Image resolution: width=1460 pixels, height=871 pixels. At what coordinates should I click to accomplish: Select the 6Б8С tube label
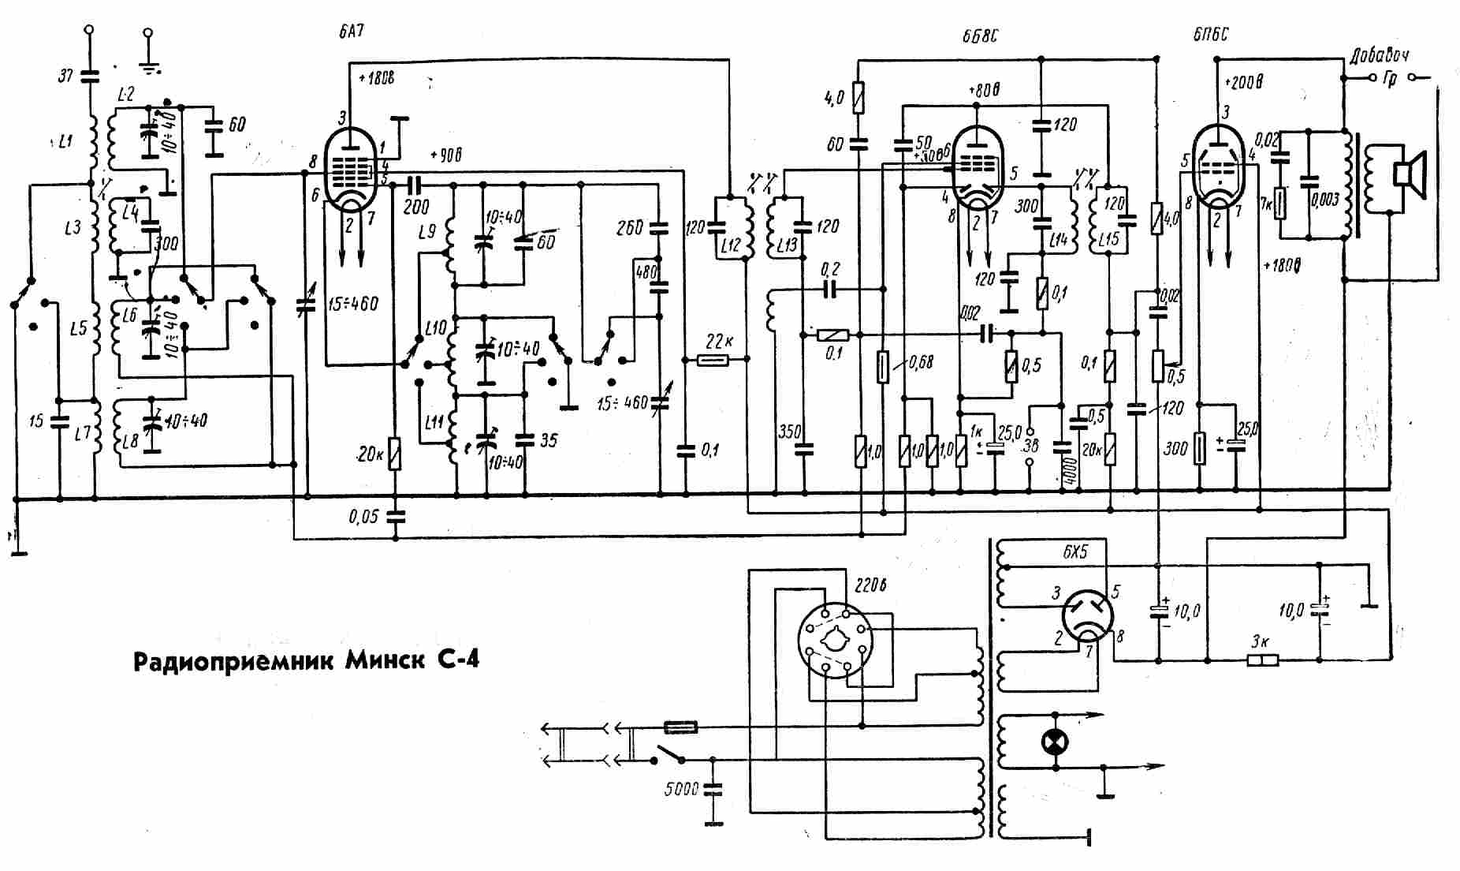[x=979, y=36]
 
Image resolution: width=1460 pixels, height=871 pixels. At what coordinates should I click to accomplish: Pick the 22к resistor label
[x=717, y=342]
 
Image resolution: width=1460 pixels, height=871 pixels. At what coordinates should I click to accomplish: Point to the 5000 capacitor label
[x=680, y=788]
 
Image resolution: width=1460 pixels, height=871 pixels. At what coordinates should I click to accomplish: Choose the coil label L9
[x=426, y=232]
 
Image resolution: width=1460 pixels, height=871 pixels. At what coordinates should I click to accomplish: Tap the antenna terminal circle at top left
[x=88, y=30]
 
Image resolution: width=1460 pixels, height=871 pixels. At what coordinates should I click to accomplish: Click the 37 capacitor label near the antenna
[x=65, y=76]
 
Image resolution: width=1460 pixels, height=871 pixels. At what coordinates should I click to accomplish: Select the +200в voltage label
[x=1244, y=82]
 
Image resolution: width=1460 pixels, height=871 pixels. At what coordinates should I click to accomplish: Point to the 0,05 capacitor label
[x=363, y=518]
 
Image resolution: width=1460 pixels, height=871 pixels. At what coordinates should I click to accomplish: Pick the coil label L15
[x=1108, y=238]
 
